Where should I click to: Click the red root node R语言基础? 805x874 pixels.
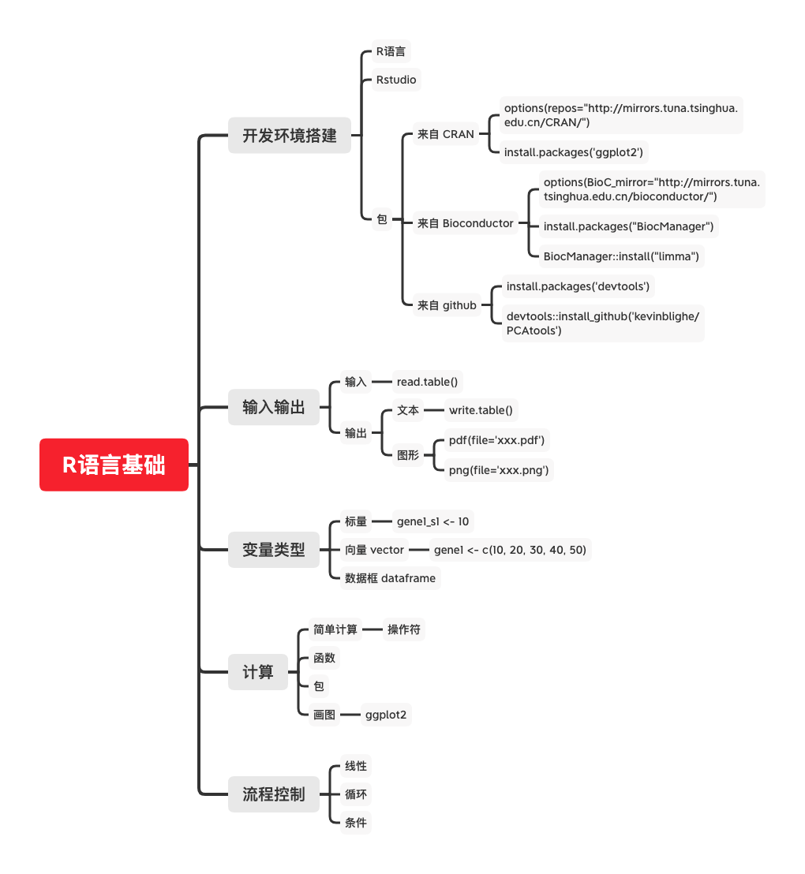(114, 465)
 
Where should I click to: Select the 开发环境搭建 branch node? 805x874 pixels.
(290, 135)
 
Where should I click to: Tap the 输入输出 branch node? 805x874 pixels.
(273, 407)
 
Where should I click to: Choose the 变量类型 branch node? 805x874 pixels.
(273, 550)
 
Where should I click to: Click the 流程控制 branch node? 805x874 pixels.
(273, 794)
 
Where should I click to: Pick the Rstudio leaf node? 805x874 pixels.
(396, 80)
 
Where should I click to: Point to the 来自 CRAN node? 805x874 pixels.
(446, 134)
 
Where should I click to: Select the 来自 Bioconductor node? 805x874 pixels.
(466, 223)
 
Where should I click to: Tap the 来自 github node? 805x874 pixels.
(447, 305)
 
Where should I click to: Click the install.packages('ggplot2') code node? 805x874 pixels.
(574, 152)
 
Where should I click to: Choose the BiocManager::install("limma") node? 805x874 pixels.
(621, 256)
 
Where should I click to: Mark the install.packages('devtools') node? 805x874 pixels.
(578, 286)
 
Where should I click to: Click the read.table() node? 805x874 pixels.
(427, 382)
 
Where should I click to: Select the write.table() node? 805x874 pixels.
(481, 410)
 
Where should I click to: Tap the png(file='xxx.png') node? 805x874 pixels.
(499, 470)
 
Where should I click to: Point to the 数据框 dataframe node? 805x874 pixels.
(390, 578)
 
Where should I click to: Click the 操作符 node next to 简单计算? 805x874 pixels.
(404, 629)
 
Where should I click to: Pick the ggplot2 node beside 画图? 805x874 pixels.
(386, 715)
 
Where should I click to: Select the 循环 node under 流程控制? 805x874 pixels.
(356, 794)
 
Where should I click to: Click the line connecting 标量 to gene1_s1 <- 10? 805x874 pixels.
(381, 521)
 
